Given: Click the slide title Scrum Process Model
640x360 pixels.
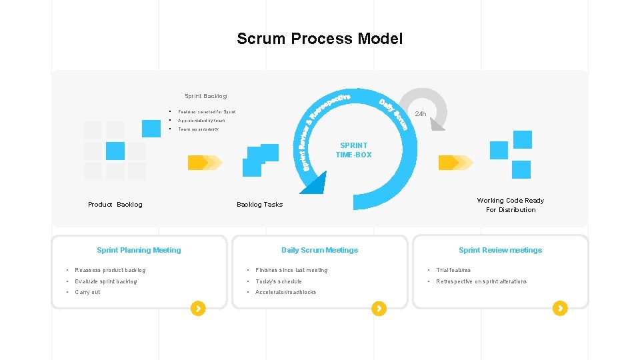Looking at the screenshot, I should point(319,39).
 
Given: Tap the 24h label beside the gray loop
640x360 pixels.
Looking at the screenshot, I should point(420,114).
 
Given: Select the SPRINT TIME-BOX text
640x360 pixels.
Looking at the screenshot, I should point(353,150).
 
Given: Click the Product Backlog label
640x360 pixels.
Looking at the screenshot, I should point(115,205).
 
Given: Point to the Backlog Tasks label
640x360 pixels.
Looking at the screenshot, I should point(259,205).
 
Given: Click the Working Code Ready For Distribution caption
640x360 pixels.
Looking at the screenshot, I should point(510,205).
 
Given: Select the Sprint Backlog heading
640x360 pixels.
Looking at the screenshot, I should point(205,97).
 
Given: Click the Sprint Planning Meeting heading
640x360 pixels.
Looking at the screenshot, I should point(139,250).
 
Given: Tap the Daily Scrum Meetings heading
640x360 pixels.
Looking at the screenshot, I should point(319,250).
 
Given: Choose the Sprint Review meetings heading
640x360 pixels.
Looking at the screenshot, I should point(500,250).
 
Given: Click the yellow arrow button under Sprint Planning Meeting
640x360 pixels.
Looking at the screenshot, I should point(198,308).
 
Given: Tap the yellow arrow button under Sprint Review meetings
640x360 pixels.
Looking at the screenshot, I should point(560,308).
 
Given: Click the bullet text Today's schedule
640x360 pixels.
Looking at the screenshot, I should point(279,281).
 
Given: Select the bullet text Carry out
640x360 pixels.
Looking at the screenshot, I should point(87,292).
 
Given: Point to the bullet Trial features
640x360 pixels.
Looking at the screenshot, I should point(453,270).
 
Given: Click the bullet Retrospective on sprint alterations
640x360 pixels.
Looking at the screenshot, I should point(481,281).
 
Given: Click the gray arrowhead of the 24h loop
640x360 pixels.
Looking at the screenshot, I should point(437,124).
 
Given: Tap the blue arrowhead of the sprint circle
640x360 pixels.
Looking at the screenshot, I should point(313,183).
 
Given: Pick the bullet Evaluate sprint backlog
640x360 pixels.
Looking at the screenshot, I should point(105,281).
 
